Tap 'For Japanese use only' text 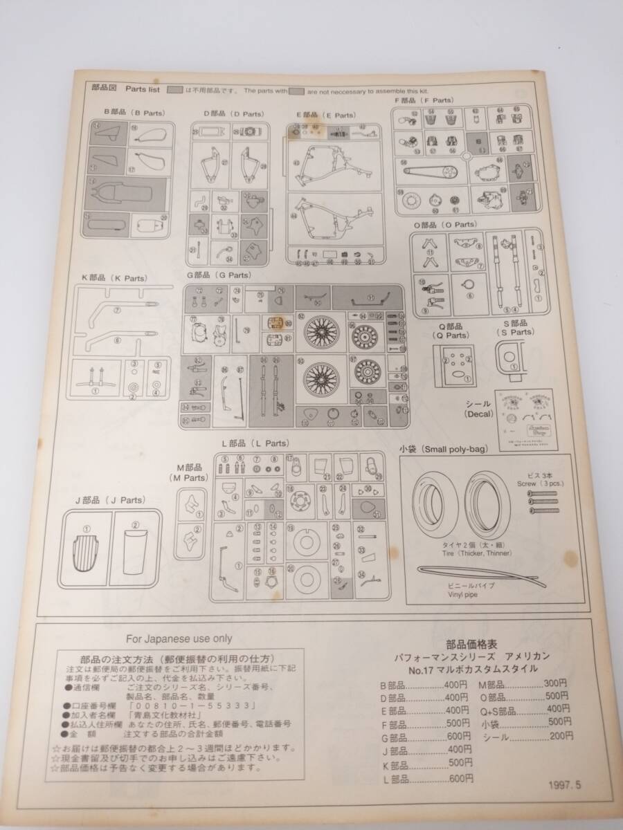click(x=179, y=638)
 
